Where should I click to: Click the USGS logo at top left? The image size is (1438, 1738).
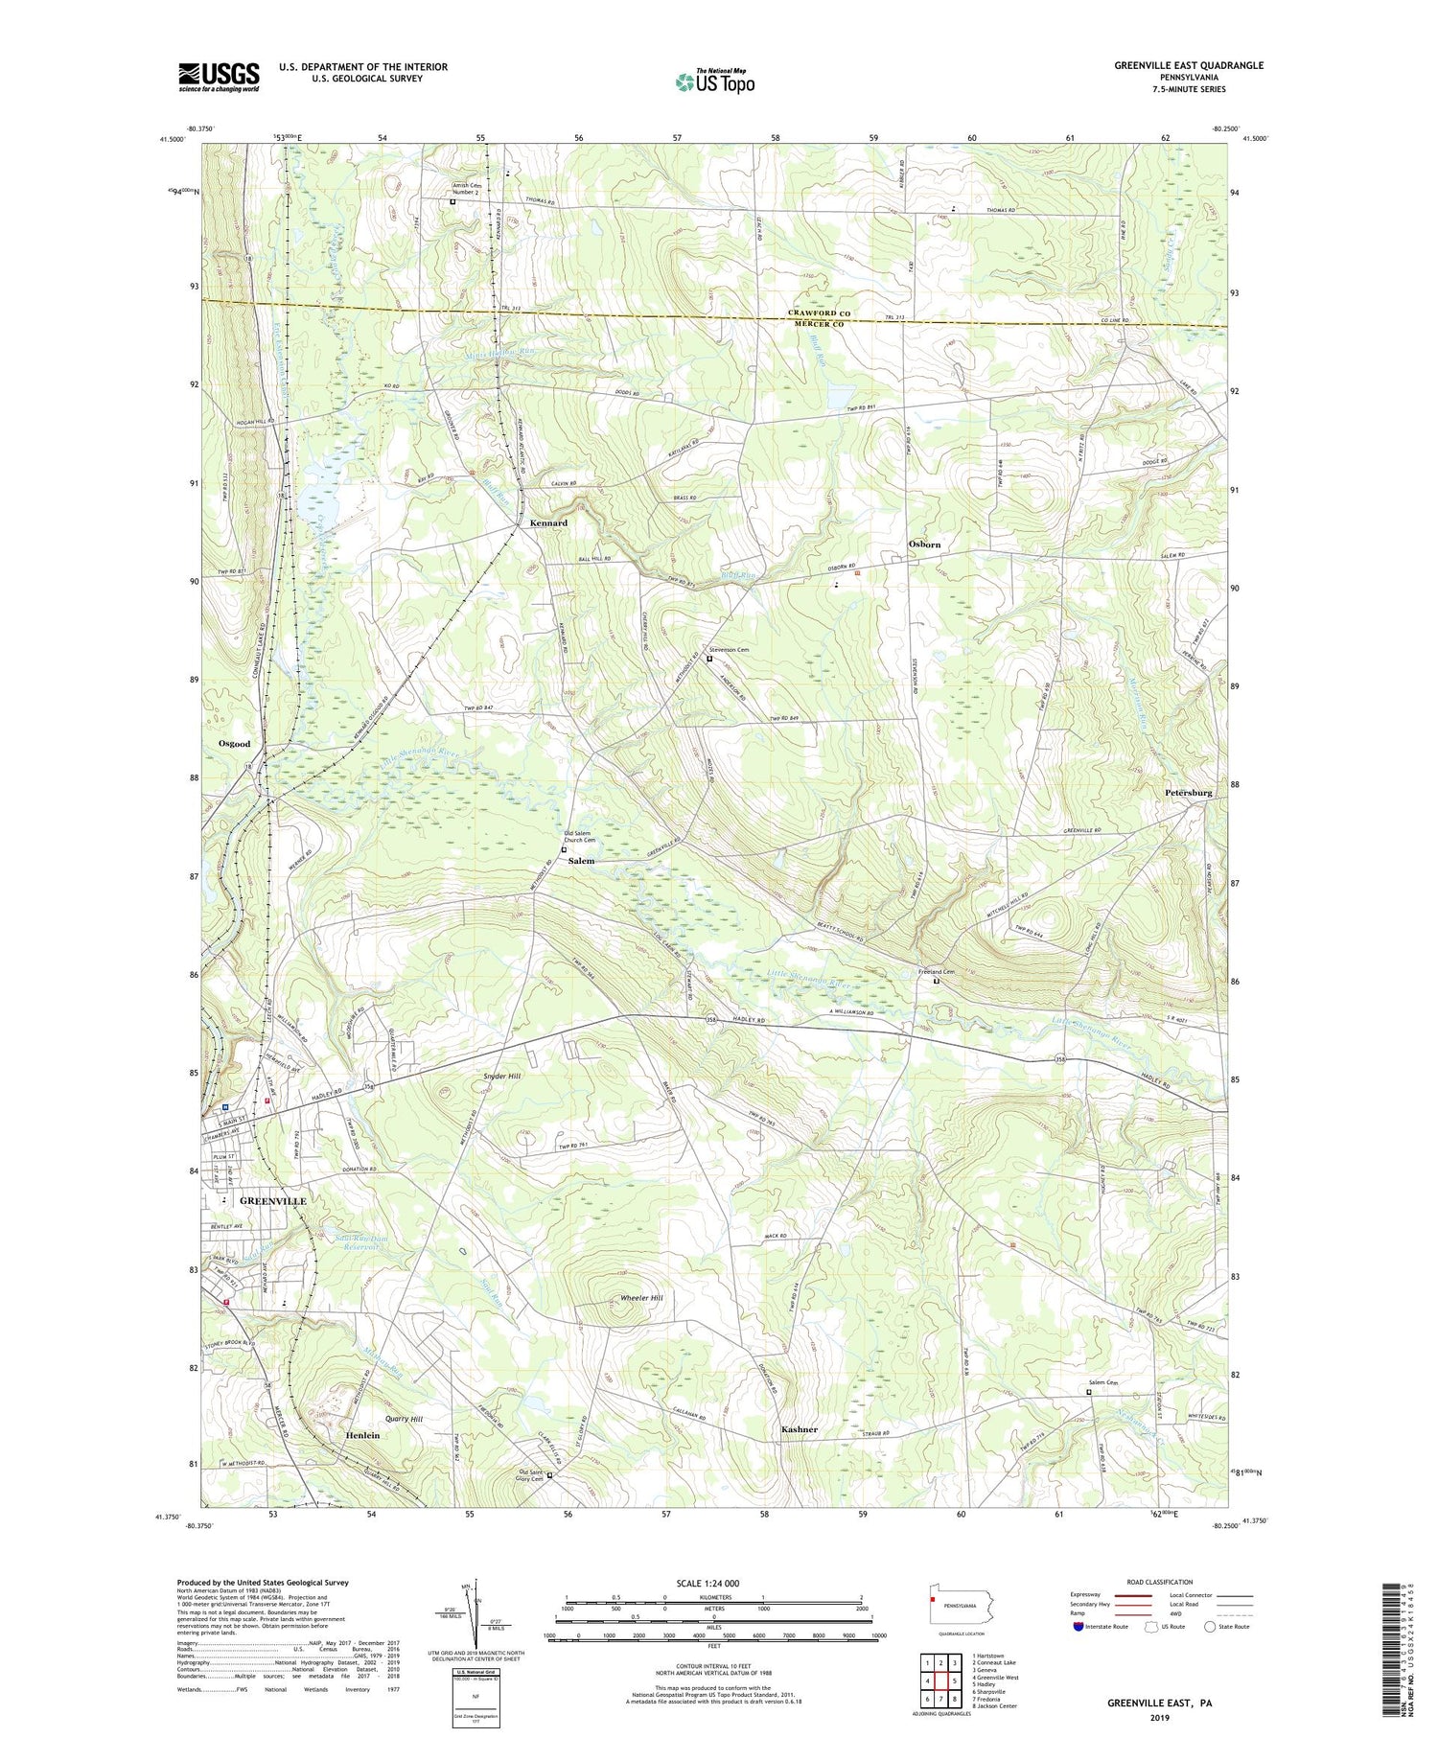pos(219,77)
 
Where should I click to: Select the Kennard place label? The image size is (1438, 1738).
pos(548,523)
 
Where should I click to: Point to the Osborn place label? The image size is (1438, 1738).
pos(924,545)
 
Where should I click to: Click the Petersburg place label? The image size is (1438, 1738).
pos(1189,793)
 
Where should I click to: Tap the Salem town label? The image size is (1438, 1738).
pos(581,861)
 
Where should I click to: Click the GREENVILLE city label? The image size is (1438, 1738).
pos(272,1201)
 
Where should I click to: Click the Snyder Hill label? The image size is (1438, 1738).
pos(501,1077)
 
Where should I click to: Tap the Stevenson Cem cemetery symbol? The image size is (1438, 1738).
pos(710,659)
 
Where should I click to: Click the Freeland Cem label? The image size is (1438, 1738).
pos(936,972)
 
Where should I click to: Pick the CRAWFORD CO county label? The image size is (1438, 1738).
pos(821,313)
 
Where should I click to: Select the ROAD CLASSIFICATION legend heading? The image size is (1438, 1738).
pos(1160,1582)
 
